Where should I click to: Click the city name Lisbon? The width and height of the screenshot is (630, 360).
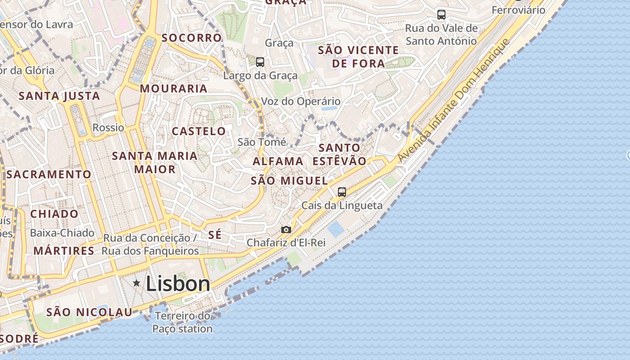point(178,284)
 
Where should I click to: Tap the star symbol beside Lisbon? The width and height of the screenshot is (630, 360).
point(136,283)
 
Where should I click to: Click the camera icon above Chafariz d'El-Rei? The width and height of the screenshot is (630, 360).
point(286,229)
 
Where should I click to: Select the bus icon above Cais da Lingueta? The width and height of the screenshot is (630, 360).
point(342,192)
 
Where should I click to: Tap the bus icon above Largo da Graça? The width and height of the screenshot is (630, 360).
point(260,62)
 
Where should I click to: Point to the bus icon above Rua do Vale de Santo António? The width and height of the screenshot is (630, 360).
point(441,15)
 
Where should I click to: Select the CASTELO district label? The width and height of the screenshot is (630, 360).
point(199,131)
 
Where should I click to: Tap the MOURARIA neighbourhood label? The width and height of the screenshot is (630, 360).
point(174,89)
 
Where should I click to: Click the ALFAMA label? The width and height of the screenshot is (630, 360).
point(278,161)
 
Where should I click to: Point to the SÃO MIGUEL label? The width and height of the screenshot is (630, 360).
point(289,181)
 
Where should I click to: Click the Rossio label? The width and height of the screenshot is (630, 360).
point(108,128)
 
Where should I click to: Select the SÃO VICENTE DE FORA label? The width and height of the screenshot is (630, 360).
point(358,57)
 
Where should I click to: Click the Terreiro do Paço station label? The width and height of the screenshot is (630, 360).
point(182,323)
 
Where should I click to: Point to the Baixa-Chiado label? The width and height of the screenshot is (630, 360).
point(62,233)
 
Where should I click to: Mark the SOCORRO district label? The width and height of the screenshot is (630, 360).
point(192,38)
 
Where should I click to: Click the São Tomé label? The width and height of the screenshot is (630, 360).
point(262,142)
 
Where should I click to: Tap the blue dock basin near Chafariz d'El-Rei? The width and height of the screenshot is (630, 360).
point(336,229)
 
